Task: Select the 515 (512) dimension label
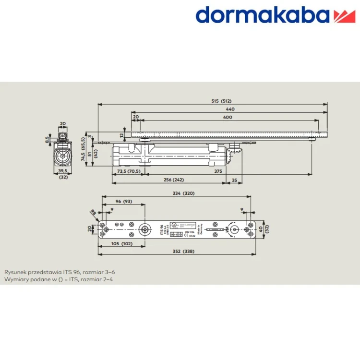[x=221, y=101]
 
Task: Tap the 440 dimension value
[x=230, y=109]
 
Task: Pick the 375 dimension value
[x=218, y=171]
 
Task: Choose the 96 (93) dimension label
[x=124, y=201]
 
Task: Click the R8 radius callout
[x=92, y=212]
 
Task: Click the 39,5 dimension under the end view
[x=62, y=171]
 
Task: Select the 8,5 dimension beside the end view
[x=47, y=140]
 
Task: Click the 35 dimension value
[x=234, y=180]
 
